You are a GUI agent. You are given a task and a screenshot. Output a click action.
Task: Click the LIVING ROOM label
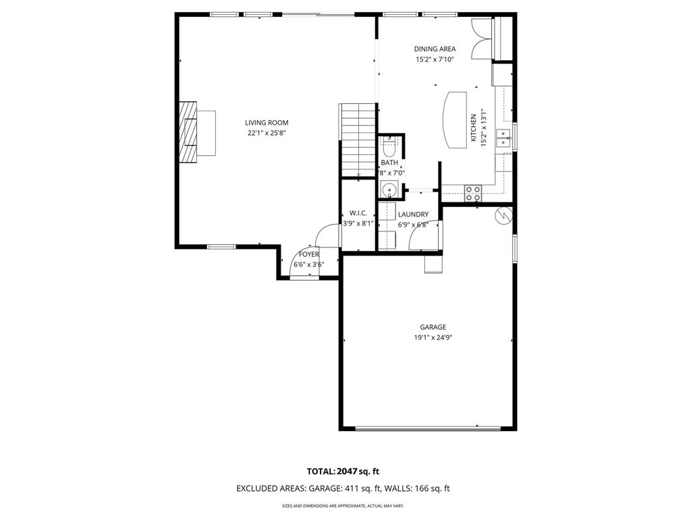coord(267,123)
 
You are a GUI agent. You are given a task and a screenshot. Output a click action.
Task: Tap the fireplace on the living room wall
coord(188,132)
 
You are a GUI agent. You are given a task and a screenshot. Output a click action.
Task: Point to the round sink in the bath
coord(389,190)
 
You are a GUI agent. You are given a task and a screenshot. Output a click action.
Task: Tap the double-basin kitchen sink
coord(503,138)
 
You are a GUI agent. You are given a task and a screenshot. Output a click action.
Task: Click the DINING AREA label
coord(435,49)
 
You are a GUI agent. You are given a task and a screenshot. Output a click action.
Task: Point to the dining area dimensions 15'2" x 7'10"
coord(435,59)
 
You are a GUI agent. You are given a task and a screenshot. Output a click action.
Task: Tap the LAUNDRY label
coord(413,214)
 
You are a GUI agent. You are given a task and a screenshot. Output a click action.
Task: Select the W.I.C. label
coord(358,213)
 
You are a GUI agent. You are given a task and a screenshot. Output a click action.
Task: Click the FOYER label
coord(309,254)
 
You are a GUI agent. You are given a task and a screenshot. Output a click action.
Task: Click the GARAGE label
coord(433,327)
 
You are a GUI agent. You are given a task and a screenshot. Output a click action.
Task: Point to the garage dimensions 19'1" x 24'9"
coord(433,338)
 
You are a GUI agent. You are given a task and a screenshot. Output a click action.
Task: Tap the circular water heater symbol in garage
coord(504,215)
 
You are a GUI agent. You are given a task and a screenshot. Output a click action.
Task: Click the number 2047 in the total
coord(350,471)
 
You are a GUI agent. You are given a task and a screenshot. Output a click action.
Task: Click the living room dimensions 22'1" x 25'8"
coord(267,134)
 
